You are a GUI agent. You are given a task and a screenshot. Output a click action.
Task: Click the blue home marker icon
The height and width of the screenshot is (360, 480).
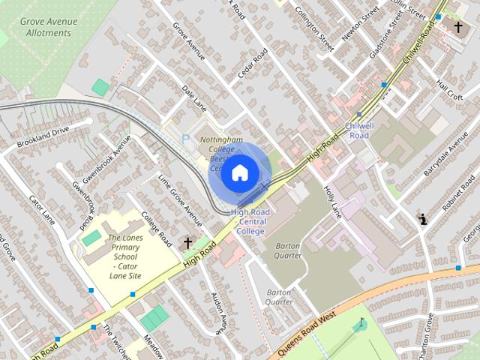pos(239,173)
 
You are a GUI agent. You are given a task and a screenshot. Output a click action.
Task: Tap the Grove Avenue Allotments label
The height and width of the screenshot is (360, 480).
pos(49,27)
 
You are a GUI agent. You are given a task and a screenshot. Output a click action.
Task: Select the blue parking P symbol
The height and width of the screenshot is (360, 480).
pos(186,138)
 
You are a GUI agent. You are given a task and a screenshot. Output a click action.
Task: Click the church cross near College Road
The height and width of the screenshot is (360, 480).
pos(187,242)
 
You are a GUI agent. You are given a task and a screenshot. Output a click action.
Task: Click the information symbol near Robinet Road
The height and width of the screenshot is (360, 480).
pos(422,220)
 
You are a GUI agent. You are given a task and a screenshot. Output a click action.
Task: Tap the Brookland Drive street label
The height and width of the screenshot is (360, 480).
pos(43,135)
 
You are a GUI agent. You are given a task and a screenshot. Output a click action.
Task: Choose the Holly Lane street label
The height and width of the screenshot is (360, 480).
pos(332,202)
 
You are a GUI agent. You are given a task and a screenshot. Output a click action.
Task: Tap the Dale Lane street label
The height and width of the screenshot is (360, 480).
pos(194,98)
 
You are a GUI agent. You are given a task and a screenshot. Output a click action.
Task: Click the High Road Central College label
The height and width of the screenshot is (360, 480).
pos(251,222)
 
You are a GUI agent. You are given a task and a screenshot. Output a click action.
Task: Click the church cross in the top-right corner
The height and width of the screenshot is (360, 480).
pos(458,27)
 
